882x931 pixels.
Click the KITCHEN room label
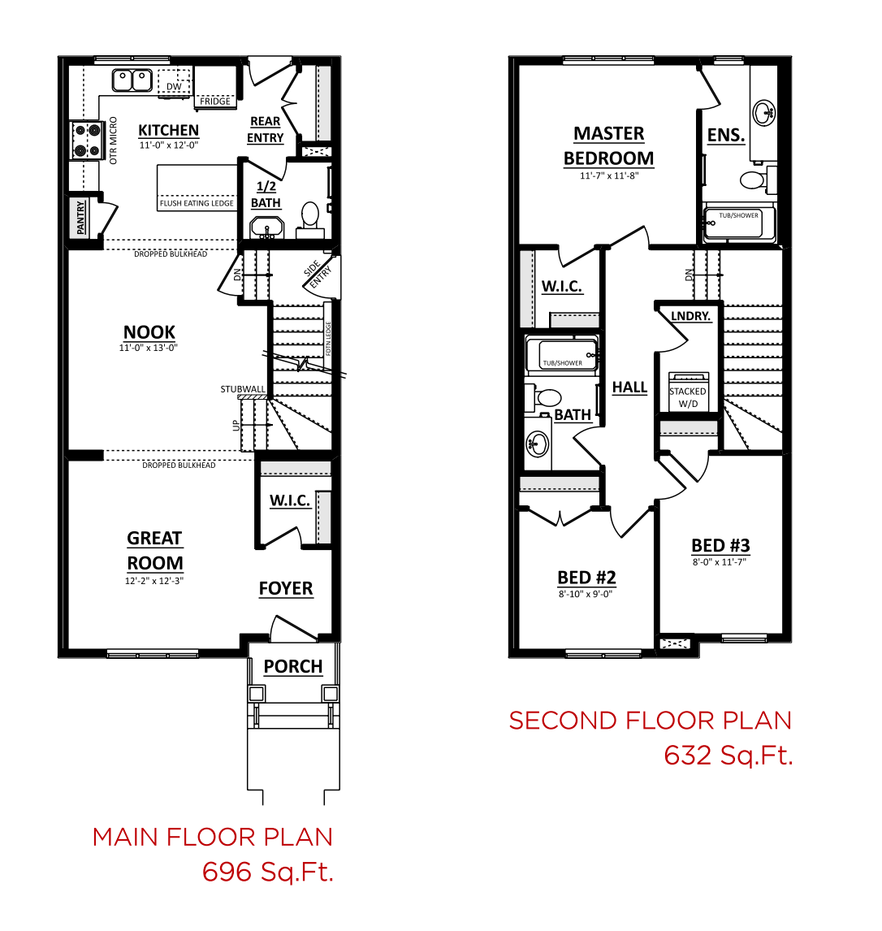[169, 130]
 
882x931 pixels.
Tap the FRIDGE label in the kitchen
[215, 102]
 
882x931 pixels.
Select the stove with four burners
[85, 140]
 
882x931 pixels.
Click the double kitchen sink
[132, 80]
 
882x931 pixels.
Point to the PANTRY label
[80, 217]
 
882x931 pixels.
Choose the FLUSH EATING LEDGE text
[197, 203]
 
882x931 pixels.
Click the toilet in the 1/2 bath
[309, 218]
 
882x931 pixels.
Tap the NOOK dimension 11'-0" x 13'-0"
[149, 348]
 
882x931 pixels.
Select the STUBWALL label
[243, 389]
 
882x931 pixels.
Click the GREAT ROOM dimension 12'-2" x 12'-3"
[154, 581]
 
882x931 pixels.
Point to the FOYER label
[286, 588]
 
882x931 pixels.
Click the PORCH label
[293, 667]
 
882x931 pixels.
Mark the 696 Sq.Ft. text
[268, 873]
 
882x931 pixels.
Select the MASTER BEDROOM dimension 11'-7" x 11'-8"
[609, 175]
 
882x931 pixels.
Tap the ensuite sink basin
[764, 112]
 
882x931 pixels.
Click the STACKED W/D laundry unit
[689, 392]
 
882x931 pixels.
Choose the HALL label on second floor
[629, 388]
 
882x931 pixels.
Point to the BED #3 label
[720, 546]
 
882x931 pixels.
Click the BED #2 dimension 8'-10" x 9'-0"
[586, 594]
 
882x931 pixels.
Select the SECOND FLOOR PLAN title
[651, 721]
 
